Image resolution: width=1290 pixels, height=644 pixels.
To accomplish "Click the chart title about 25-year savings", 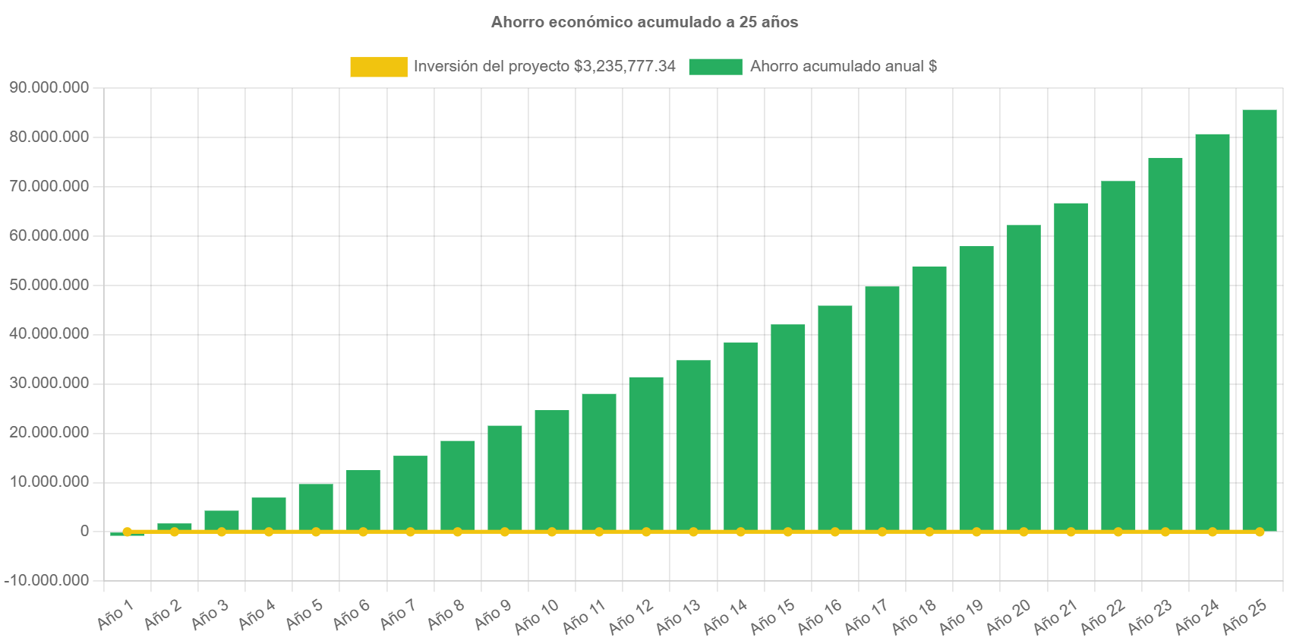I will [645, 22].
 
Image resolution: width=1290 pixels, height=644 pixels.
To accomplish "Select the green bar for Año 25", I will [1259, 319].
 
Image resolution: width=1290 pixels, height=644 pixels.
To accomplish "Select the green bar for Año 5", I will [316, 507].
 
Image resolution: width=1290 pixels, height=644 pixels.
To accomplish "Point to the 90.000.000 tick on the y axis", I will [49, 87].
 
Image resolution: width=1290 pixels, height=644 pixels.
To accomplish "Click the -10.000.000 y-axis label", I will [47, 580].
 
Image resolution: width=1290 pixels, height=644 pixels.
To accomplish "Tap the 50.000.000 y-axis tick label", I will [49, 285].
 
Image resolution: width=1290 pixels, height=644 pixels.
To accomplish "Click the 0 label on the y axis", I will [84, 531].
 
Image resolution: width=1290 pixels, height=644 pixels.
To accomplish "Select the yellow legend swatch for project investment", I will [378, 67].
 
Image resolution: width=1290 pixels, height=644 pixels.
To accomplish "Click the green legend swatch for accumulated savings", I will [715, 67].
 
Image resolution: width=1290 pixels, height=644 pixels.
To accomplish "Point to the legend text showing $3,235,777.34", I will [544, 66].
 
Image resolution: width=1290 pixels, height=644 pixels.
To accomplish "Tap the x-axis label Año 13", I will [679, 616].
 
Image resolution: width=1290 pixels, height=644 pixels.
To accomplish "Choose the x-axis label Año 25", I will [1245, 616].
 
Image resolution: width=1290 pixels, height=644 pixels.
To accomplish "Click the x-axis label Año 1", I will [116, 614].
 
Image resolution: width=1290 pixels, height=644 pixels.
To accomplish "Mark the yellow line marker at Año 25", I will [1259, 532].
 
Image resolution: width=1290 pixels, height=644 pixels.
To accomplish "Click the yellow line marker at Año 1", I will [128, 532].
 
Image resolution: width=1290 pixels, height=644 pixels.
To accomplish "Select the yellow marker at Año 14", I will [740, 532].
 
